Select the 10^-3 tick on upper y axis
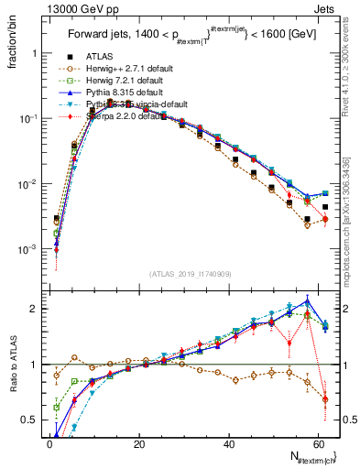pyautogui.click(x=27, y=249)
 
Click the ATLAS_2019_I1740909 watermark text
pyautogui.click(x=190, y=274)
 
